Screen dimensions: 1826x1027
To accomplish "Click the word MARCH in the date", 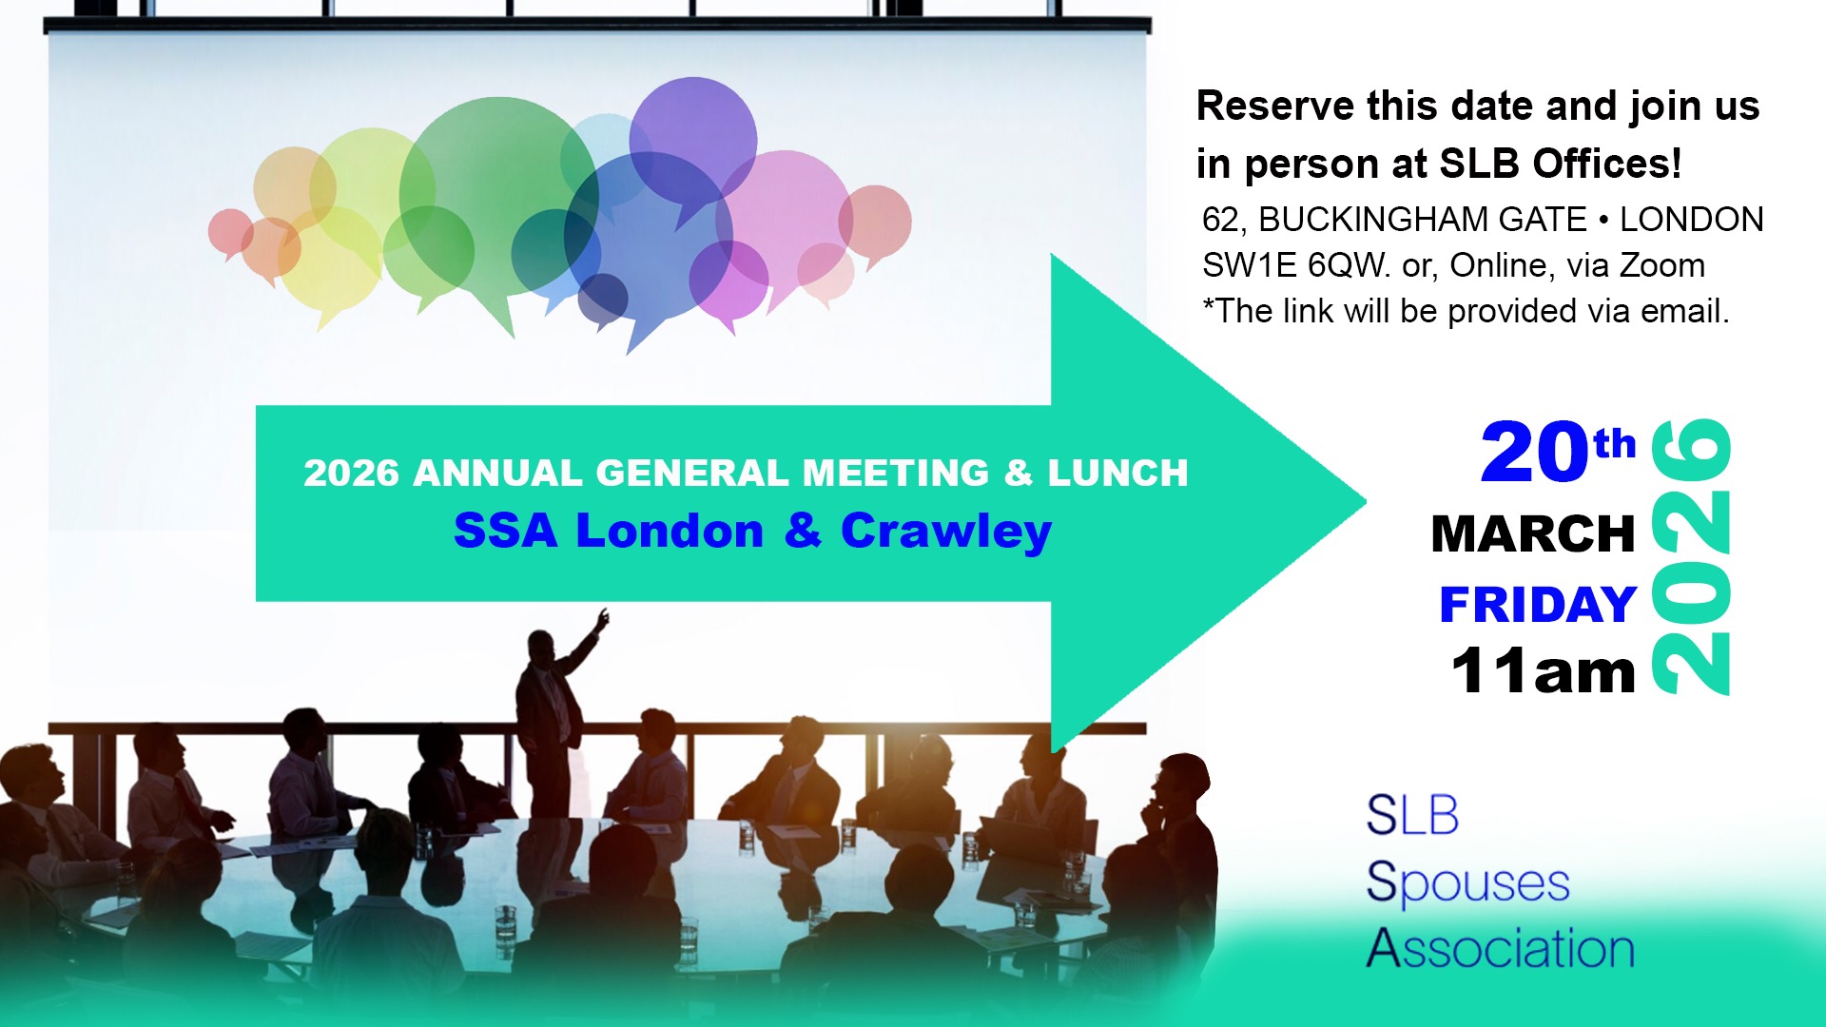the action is coord(1533,533).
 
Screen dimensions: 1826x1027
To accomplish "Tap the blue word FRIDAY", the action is coord(1538,605).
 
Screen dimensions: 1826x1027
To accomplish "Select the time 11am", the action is coord(1543,671).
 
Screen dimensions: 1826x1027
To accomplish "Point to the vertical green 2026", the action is coord(1692,556).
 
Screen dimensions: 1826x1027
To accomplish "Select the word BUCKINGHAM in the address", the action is coord(1423,220).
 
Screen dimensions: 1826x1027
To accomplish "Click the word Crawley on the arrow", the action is coord(946,532).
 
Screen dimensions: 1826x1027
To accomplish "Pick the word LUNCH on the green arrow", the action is coord(1118,473).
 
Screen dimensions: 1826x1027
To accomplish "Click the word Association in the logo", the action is coord(1501,948).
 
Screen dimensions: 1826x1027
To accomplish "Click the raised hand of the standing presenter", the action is coord(602,620).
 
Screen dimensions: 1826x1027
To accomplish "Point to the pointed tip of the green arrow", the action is coord(1366,502).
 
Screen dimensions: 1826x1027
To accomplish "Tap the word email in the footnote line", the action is coord(1679,311).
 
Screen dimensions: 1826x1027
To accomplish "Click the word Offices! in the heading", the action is coord(1607,164).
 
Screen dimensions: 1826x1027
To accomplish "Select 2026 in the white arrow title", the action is coord(351,473).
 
